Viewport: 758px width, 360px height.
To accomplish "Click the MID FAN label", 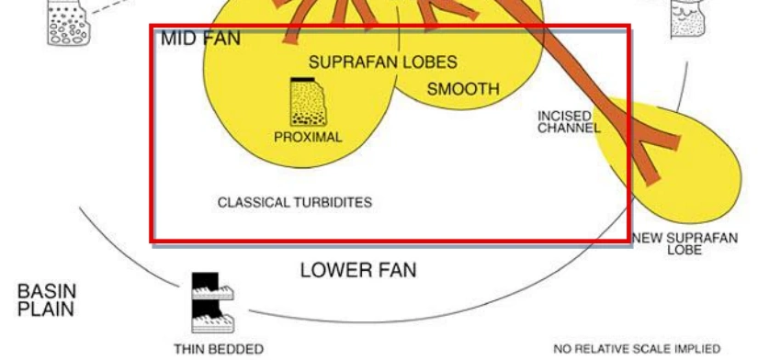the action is (x=200, y=39).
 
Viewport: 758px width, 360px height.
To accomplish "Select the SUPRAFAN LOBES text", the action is (x=383, y=62).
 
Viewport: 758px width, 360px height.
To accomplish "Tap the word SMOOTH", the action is (x=463, y=89).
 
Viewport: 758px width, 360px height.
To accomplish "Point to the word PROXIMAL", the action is (x=308, y=137).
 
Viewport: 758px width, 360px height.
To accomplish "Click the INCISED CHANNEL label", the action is (x=569, y=122).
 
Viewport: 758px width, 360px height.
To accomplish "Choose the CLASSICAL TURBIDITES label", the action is (x=295, y=202).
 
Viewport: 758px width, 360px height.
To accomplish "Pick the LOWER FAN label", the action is (x=358, y=270).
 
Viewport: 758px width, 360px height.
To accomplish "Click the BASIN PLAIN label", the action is (x=47, y=300).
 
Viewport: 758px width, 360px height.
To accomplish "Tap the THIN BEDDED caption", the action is (x=219, y=349).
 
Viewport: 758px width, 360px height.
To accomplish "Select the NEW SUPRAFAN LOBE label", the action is (x=685, y=244).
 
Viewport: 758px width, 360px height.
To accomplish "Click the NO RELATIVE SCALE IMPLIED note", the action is (x=637, y=349).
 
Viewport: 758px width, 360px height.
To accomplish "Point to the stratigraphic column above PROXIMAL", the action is (x=308, y=102).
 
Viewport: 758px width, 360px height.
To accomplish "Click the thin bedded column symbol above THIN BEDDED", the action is (x=213, y=303).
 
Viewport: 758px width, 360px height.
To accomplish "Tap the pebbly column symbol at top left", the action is (x=68, y=23).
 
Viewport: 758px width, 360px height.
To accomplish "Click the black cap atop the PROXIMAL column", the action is (x=302, y=79).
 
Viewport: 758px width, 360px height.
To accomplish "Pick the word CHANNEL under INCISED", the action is (x=569, y=128).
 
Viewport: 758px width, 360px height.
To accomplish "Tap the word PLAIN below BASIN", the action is (x=46, y=309).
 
